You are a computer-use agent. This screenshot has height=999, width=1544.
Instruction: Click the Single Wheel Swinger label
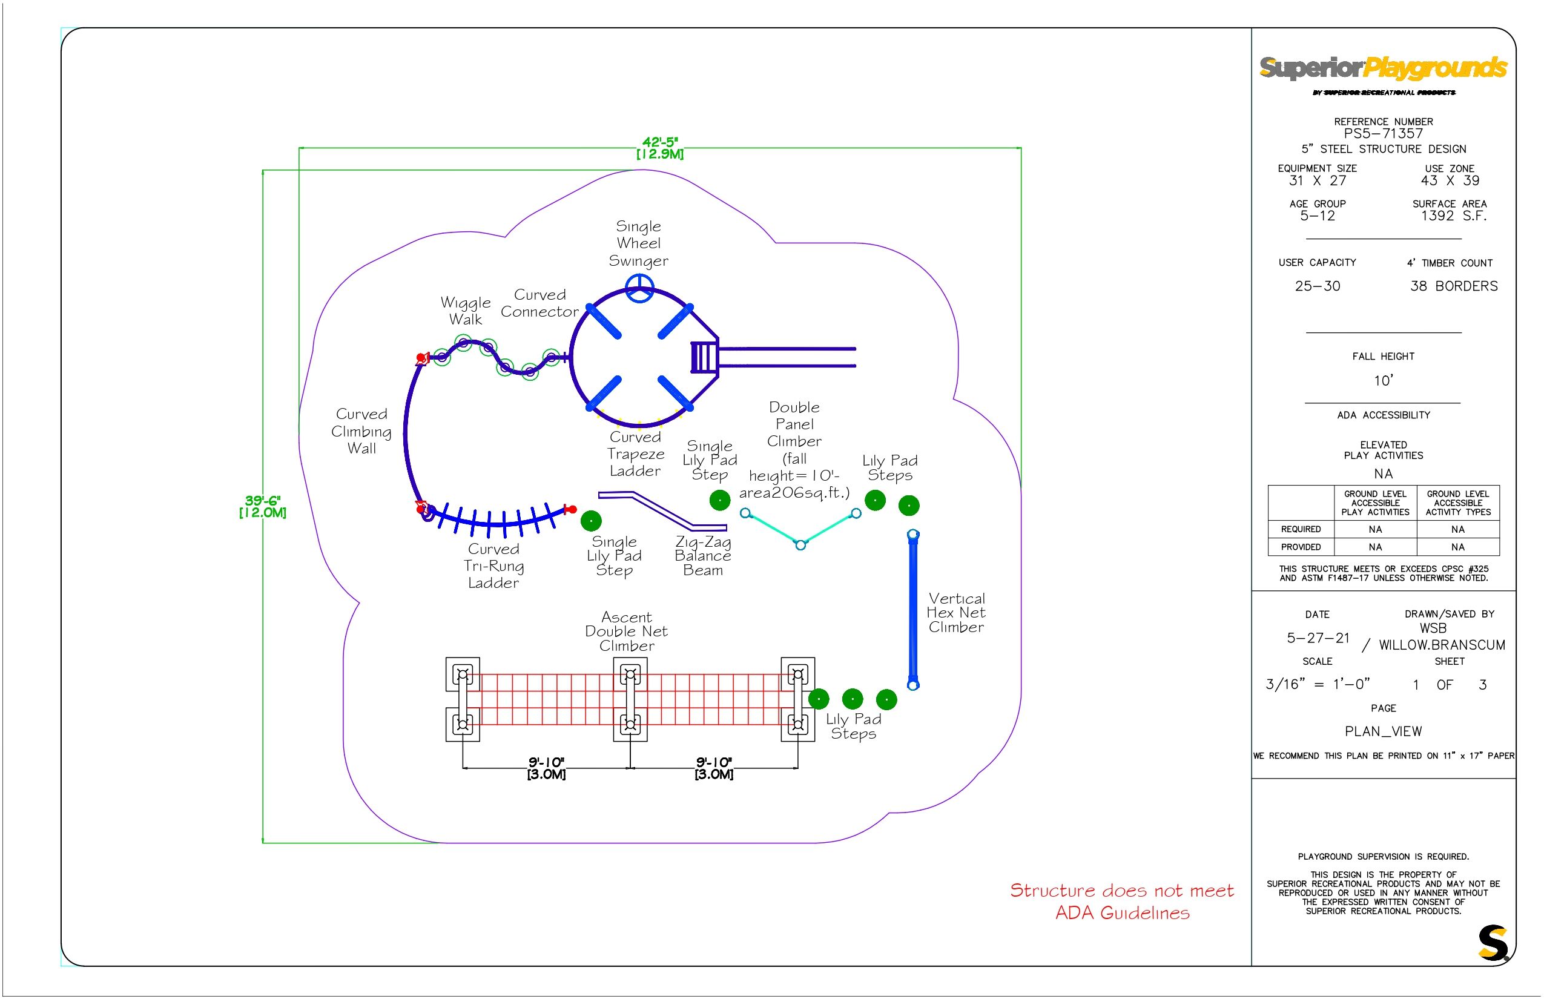tap(638, 244)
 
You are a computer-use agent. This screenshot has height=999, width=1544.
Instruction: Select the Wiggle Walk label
tap(465, 311)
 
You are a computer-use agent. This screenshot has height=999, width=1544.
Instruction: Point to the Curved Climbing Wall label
tap(361, 431)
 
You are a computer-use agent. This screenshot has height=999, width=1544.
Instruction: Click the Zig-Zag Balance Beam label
tap(702, 556)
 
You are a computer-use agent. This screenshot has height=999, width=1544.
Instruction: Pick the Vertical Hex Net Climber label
tap(955, 612)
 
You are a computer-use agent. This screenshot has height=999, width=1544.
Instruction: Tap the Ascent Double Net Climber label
tap(626, 631)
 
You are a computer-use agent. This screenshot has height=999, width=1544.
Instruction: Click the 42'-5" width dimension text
tap(660, 148)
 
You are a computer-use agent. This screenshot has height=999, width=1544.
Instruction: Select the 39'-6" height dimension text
tap(263, 506)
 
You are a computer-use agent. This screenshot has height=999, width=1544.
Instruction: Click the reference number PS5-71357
tap(1383, 134)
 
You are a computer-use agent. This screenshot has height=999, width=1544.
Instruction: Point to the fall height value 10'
tap(1383, 381)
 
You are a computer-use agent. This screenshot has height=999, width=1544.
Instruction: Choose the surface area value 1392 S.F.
tap(1453, 216)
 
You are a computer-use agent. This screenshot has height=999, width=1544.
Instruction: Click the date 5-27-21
tap(1318, 638)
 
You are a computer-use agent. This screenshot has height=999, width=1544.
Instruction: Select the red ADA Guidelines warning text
tap(1123, 902)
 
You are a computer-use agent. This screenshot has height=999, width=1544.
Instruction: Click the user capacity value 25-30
tap(1317, 286)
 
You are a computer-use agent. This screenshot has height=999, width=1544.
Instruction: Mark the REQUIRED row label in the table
tap(1301, 529)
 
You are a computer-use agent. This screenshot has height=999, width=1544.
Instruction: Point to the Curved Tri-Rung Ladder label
tap(493, 565)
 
